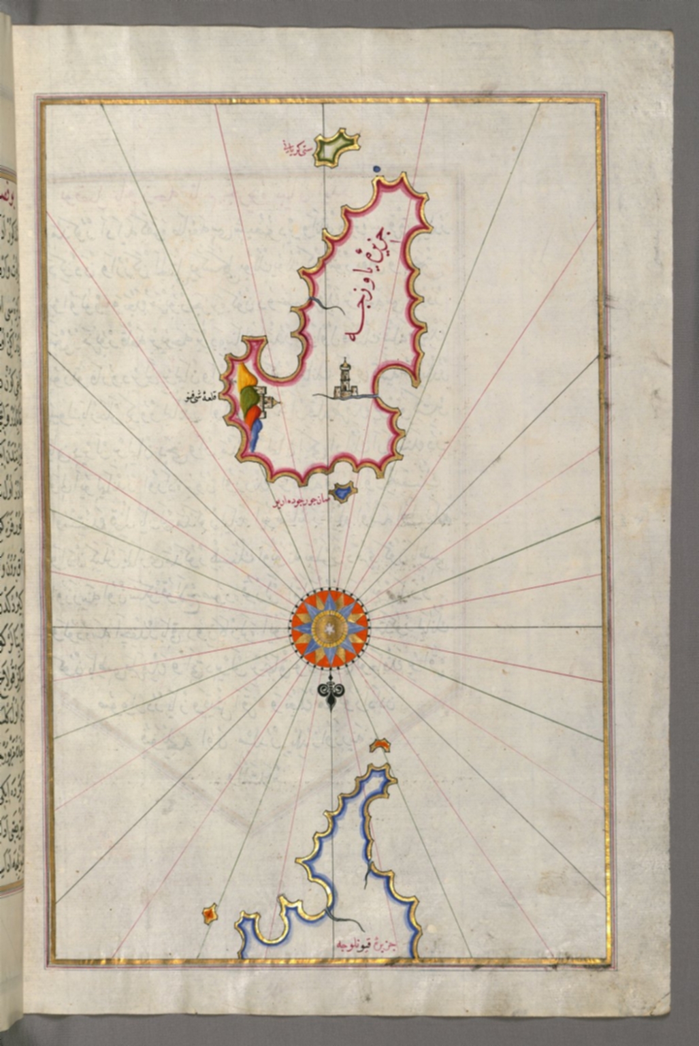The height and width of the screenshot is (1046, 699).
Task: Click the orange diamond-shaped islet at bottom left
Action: click(x=210, y=914)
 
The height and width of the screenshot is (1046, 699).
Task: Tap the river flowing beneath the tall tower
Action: click(x=347, y=396)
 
